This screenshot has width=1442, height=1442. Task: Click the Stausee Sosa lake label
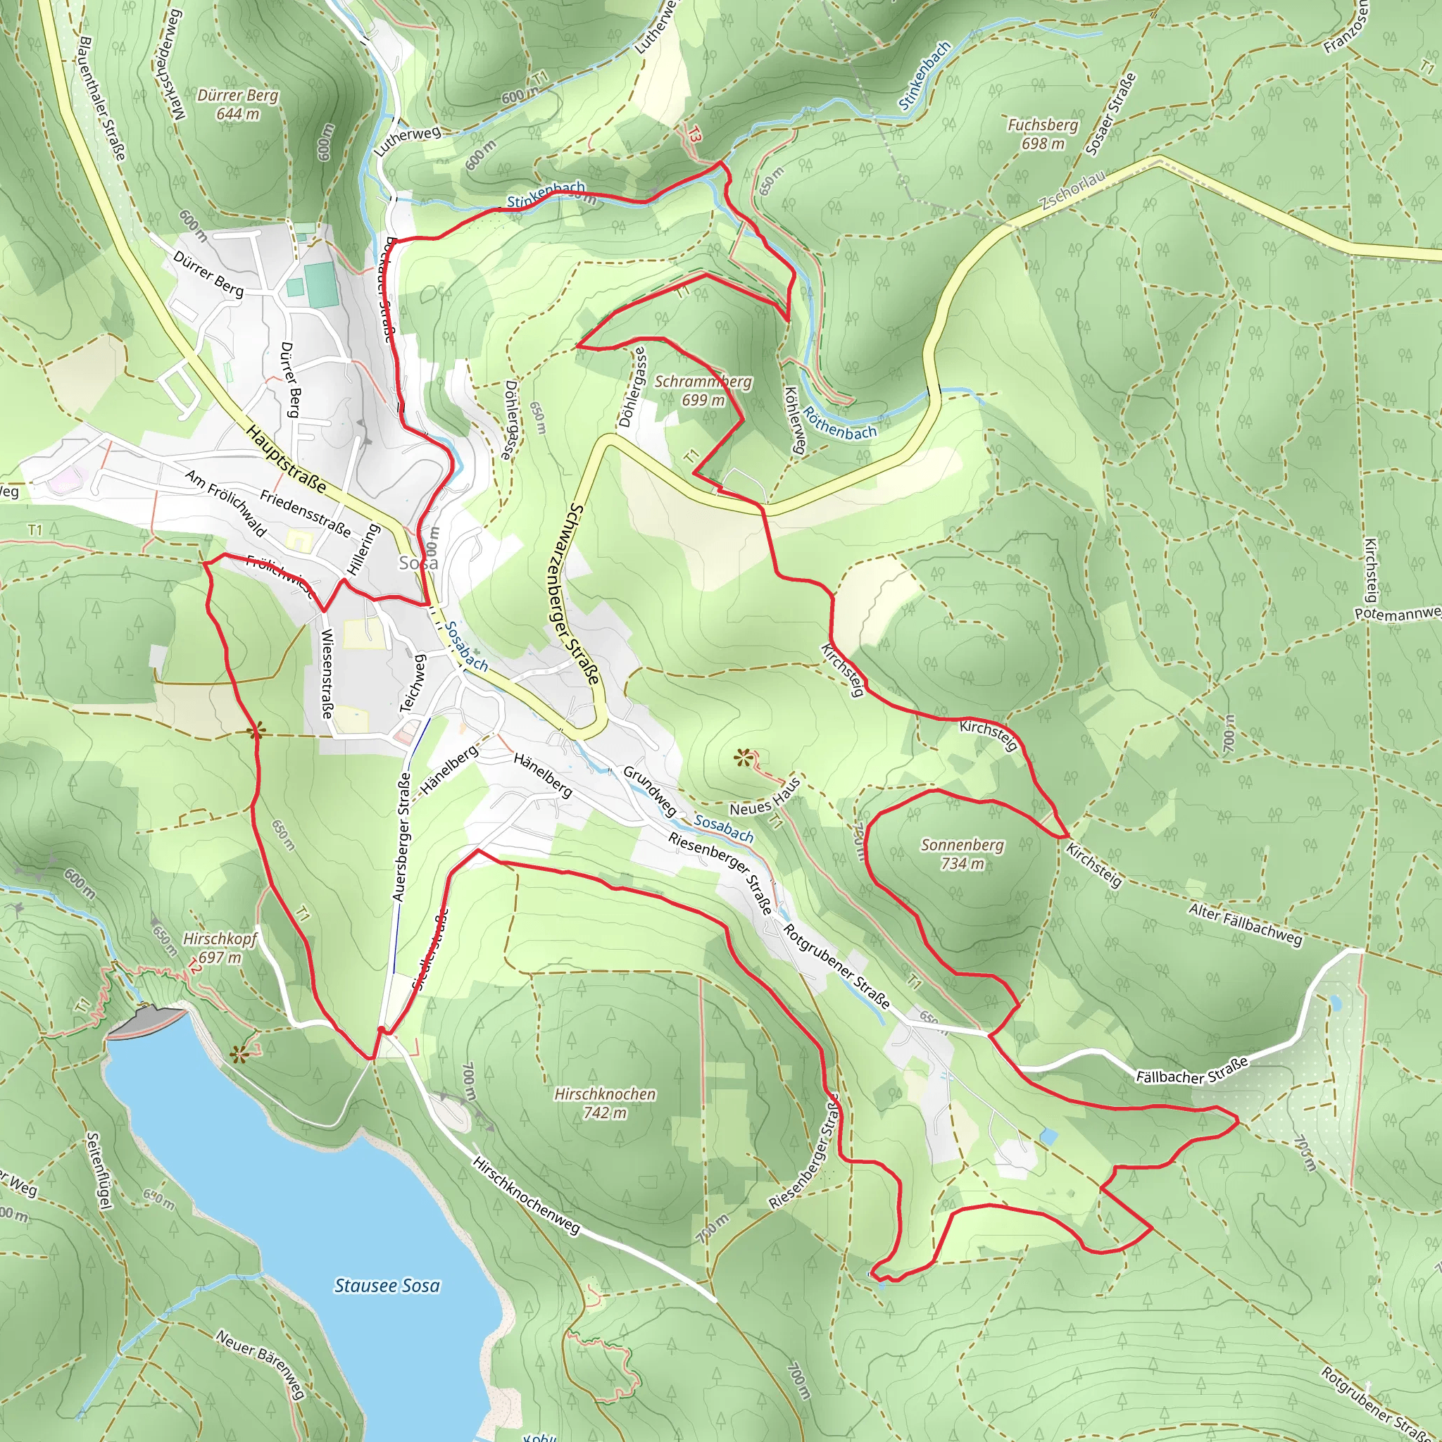[x=387, y=1285]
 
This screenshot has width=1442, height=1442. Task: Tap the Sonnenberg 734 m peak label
[x=962, y=854]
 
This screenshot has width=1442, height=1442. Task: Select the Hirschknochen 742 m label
[x=605, y=1103]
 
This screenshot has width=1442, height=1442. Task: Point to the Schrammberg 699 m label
[x=703, y=390]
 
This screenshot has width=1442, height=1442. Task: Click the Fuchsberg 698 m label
[x=1043, y=134]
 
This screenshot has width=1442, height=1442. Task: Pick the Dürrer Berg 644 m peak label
[x=237, y=104]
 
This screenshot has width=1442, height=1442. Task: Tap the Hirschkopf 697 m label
[x=220, y=947]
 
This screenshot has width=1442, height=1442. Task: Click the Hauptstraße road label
[x=286, y=459]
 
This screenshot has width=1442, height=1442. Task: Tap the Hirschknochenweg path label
[x=526, y=1196]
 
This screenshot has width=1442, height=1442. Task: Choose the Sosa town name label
[x=418, y=563]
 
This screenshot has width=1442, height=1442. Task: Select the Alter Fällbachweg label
[x=1245, y=924]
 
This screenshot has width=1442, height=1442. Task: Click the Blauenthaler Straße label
[x=102, y=97]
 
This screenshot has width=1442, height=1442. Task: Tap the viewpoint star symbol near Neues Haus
[x=741, y=758]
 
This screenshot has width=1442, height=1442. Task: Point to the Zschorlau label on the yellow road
[x=1072, y=189]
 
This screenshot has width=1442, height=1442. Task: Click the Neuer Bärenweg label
[x=261, y=1365]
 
